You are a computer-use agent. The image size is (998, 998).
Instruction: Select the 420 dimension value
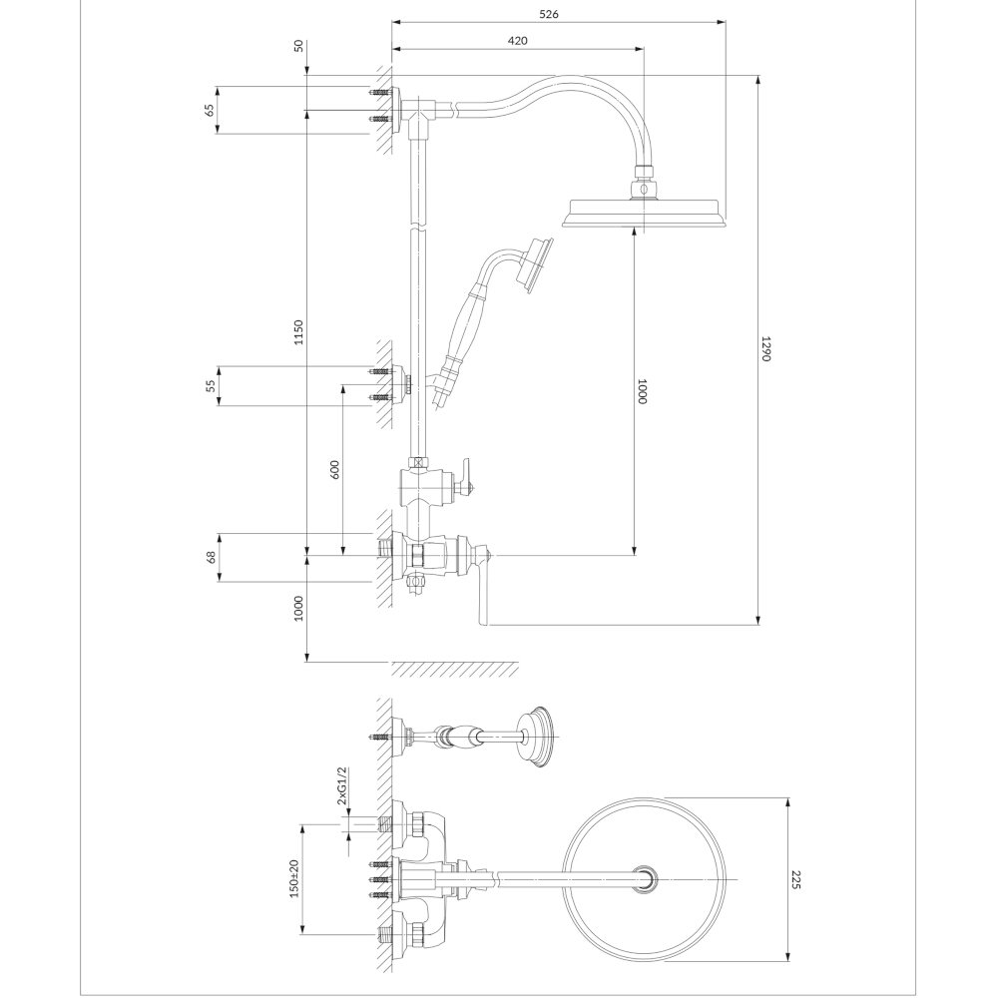click(517, 41)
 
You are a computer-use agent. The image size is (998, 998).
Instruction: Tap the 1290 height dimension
click(766, 348)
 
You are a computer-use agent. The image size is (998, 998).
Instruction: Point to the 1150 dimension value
click(298, 332)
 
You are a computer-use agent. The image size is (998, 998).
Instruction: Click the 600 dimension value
click(335, 469)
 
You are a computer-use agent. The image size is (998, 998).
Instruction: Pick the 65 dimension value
click(210, 110)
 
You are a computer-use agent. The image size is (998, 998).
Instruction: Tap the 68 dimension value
click(212, 558)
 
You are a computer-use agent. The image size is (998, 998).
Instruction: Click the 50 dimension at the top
click(299, 46)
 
